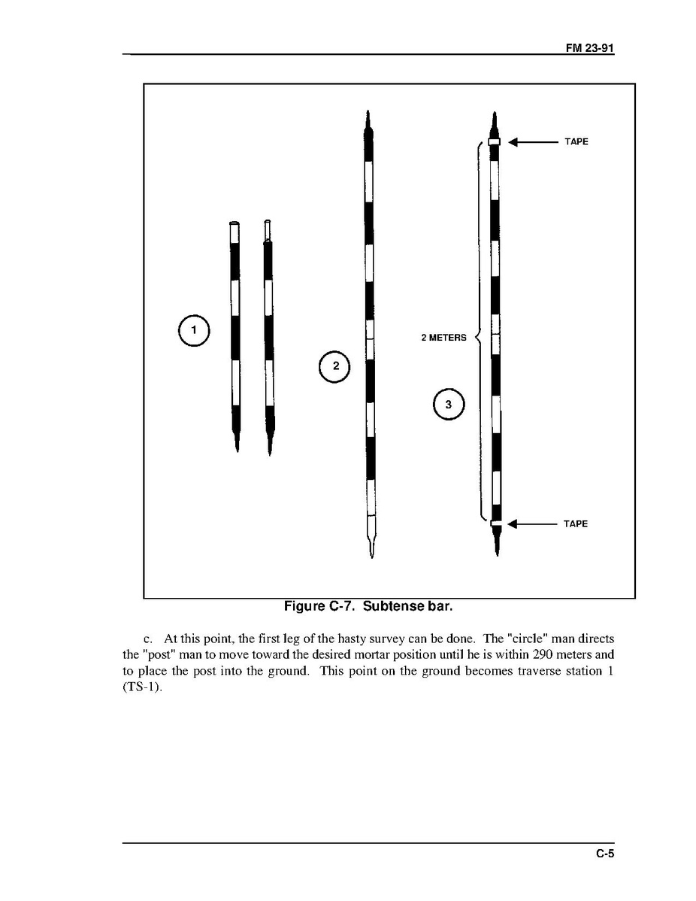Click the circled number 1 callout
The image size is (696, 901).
point(193,330)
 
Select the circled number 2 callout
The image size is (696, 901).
point(335,366)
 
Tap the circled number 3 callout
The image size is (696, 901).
point(449,405)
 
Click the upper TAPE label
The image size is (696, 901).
point(576,141)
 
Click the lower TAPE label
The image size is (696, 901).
point(576,523)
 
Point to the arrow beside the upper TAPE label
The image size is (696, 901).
point(532,141)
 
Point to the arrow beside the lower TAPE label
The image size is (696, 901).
point(532,523)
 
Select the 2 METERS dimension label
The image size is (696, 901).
point(443,338)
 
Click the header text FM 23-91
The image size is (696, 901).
point(590,47)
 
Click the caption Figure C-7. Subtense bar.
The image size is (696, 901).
point(368,605)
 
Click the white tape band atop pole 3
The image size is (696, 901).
point(495,141)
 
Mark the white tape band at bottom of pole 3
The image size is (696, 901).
point(495,523)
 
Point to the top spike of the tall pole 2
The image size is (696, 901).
point(368,120)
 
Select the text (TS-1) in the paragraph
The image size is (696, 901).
point(142,687)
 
